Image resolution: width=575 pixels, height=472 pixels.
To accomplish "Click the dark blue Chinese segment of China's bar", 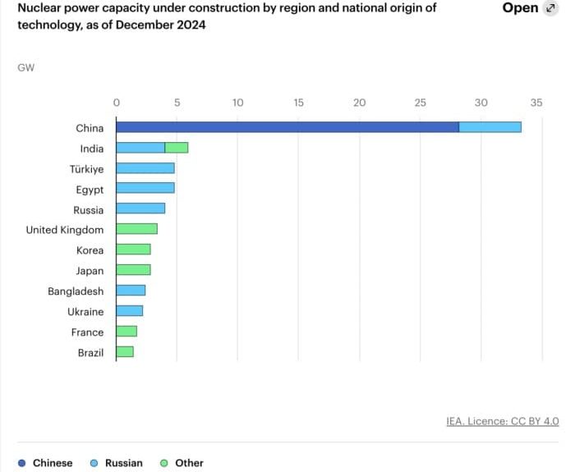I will (287, 127).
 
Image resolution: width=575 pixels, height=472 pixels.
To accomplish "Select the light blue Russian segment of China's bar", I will (490, 127).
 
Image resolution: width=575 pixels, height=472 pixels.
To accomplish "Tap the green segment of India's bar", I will (177, 148).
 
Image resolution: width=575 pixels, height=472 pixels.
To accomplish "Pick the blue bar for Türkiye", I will (145, 168).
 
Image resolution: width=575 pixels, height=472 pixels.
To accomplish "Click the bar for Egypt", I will (145, 189).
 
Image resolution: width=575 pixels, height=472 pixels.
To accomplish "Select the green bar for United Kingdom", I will (136, 230).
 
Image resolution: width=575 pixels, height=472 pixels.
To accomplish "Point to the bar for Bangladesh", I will (131, 291).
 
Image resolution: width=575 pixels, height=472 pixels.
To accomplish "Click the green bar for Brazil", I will (125, 352).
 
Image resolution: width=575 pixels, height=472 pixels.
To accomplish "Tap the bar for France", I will (126, 332).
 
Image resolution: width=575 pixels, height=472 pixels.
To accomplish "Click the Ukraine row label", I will (85, 312).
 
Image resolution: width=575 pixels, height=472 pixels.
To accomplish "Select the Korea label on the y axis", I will (90, 250).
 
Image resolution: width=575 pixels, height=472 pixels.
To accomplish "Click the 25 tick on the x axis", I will (420, 103).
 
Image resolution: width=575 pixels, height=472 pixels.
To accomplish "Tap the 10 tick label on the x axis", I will (237, 103).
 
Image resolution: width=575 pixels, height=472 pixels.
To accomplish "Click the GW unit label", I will (25, 67).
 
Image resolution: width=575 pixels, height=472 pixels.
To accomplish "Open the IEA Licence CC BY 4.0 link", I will (502, 421).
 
